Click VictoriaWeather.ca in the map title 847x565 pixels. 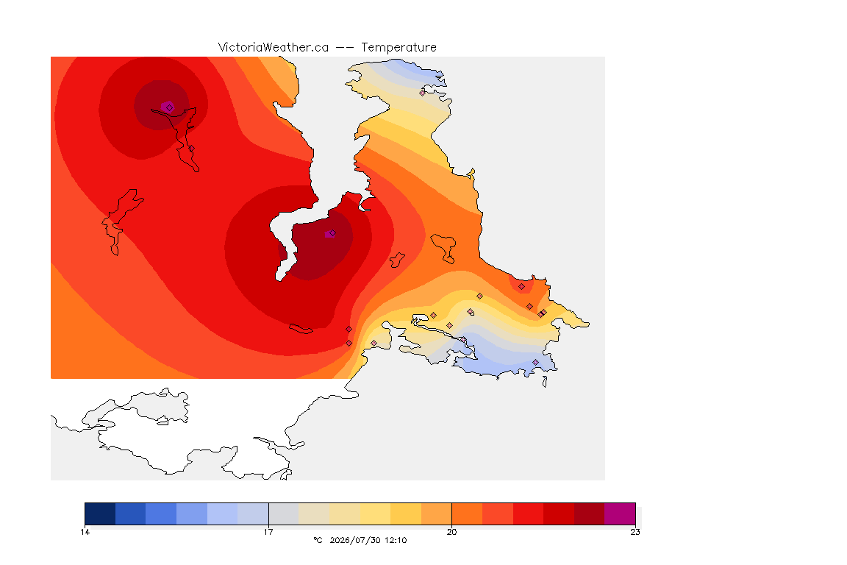[x=274, y=47]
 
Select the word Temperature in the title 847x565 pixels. [x=399, y=47]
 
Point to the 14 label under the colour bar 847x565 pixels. [x=85, y=532]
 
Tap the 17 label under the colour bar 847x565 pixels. [x=268, y=532]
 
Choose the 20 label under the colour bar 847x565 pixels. [x=451, y=532]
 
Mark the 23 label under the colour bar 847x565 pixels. [x=635, y=532]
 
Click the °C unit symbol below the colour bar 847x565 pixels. [x=318, y=540]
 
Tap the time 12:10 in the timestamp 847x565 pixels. [x=396, y=540]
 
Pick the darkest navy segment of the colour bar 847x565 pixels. [x=100, y=514]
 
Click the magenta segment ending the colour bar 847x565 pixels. [x=620, y=514]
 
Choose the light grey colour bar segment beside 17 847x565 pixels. [x=284, y=514]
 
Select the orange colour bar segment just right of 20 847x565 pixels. [x=468, y=514]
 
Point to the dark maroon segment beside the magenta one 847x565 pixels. [x=590, y=514]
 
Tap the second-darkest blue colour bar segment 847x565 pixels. [x=130, y=514]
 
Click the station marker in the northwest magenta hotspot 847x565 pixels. [x=170, y=107]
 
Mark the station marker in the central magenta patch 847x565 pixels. [x=332, y=233]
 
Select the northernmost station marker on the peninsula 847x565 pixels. [x=423, y=93]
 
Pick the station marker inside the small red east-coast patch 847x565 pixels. [x=521, y=287]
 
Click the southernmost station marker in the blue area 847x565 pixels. [x=535, y=362]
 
